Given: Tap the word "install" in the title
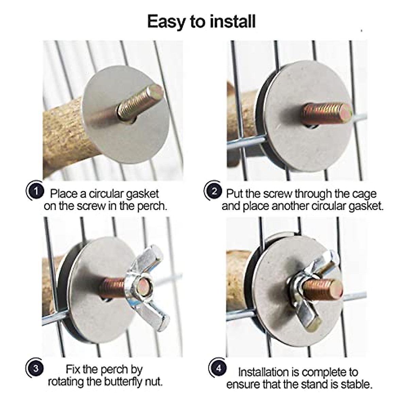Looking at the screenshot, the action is pyautogui.click(x=233, y=21).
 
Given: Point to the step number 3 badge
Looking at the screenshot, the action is pyautogui.click(x=35, y=369).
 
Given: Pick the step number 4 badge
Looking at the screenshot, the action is pyautogui.click(x=218, y=368).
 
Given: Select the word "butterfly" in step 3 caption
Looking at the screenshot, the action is pyautogui.click(x=122, y=382).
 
